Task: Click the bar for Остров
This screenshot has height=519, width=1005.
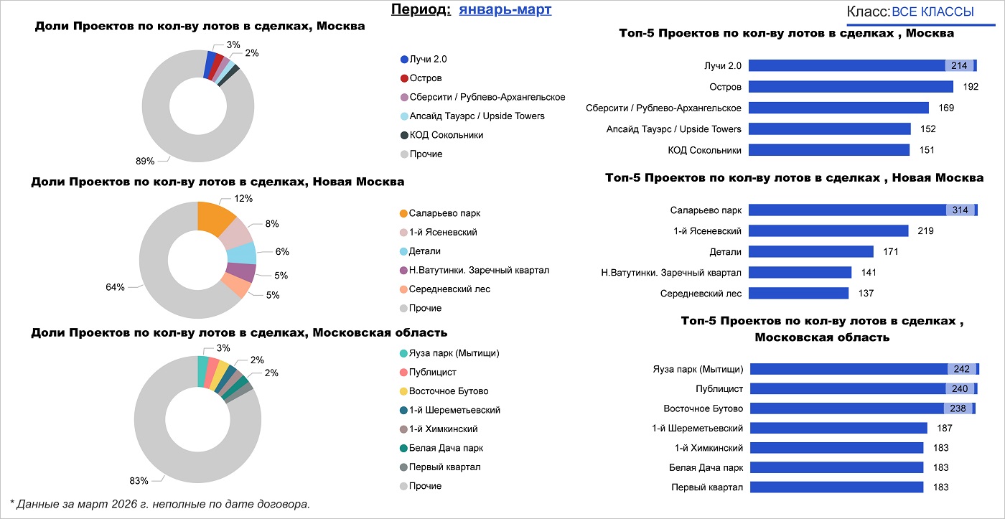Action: [851, 87]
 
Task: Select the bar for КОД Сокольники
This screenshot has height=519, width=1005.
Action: [829, 150]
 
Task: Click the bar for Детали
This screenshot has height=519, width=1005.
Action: [811, 252]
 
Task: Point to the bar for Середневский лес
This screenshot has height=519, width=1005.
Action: [799, 294]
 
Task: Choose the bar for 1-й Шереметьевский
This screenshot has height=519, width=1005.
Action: [838, 429]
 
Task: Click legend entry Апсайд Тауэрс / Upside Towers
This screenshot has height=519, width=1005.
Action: [476, 116]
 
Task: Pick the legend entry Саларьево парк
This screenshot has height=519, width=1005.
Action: [444, 214]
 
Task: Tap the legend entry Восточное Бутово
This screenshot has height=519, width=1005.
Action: [448, 391]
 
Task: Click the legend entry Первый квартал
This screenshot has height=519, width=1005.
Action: [444, 467]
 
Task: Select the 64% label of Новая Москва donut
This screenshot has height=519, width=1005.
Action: [115, 287]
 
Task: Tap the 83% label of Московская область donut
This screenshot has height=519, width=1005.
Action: [139, 481]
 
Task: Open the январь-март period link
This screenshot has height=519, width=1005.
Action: [505, 10]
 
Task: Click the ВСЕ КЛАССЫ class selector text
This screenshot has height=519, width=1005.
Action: [932, 12]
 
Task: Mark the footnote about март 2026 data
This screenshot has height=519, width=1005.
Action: [159, 504]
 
